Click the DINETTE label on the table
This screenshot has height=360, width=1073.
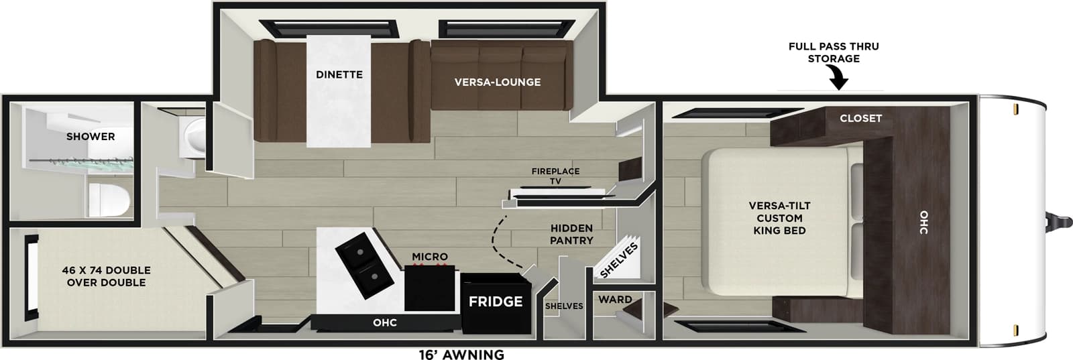pos(339,74)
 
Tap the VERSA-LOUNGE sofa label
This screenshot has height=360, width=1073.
pos(497,82)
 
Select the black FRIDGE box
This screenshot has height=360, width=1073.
pos(496,302)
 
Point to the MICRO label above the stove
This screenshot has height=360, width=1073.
pos(430,257)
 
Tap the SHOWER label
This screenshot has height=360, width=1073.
pos(91,136)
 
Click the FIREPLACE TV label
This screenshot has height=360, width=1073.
pos(555,176)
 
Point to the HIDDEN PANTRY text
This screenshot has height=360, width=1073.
pos(571,234)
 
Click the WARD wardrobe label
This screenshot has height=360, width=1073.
pos(615,300)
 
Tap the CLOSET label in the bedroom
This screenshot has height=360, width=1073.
pos(860,118)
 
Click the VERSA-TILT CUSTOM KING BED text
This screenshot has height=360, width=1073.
pos(779,218)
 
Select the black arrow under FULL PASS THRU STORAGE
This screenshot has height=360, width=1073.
pos(838,81)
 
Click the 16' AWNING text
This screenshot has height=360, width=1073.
pos(461,354)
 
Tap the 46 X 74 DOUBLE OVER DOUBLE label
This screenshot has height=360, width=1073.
pos(106,276)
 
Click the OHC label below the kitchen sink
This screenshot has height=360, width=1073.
pos(385,322)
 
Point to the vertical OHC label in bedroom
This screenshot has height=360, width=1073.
pos(924,222)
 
